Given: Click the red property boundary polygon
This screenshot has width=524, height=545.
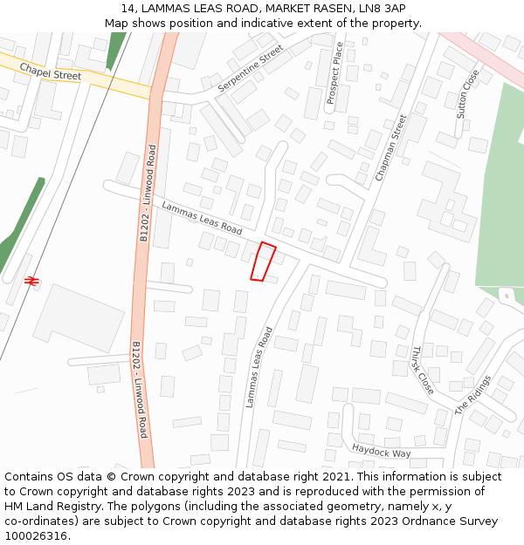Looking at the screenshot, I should click(263, 262).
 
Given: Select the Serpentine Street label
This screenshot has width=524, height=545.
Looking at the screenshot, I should click(251, 70).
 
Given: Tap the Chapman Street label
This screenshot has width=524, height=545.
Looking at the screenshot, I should click(390, 147).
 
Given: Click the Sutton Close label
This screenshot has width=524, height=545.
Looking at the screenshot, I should click(468, 93).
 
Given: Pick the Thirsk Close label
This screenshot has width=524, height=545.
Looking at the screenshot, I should click(422, 370).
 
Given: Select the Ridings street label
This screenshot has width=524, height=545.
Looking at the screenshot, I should click(472, 395).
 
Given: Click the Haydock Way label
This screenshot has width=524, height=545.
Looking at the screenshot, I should click(381, 451).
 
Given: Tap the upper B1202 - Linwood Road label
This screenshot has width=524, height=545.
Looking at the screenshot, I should click(148, 193).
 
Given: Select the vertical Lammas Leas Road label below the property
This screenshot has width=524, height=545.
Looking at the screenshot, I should click(259, 367).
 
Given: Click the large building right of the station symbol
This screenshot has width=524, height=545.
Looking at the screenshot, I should click(79, 317).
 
